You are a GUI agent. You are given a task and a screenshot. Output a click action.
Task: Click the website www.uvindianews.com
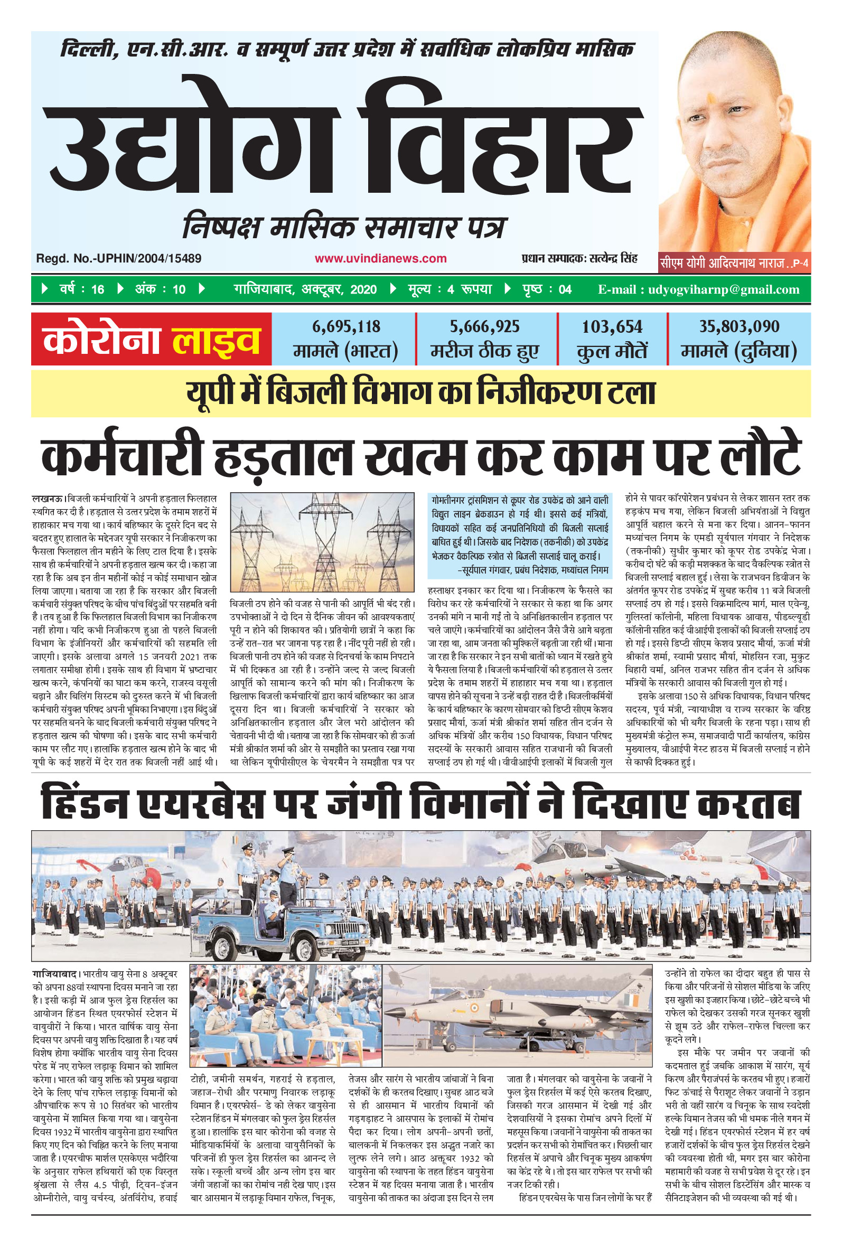tap(380, 258)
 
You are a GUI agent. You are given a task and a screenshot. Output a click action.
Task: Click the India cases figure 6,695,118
tap(346, 326)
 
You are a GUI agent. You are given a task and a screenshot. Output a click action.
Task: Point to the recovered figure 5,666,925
tap(484, 326)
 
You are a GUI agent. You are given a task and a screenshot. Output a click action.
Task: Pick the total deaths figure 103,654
tap(612, 326)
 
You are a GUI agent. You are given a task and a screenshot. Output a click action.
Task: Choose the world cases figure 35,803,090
tap(739, 326)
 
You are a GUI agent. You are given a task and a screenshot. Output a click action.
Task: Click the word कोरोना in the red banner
tap(102, 340)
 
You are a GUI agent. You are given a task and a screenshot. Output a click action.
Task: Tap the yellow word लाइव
tap(216, 340)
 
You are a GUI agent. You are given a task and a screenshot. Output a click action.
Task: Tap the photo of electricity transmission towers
tap(322, 542)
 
